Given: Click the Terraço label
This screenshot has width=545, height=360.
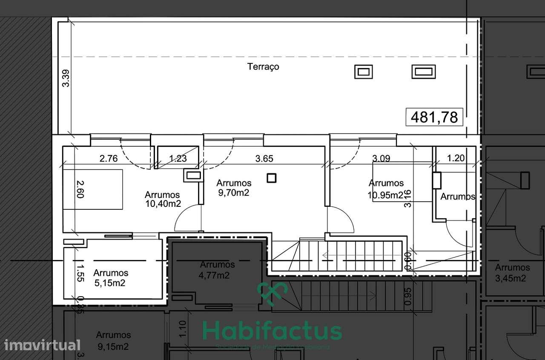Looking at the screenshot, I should tap(263, 67).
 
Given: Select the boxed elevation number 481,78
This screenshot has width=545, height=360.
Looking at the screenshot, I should tap(434, 117).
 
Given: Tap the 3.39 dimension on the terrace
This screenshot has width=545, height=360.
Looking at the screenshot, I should tap(66, 78).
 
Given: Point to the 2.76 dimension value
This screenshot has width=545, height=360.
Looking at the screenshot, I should tap(109, 159).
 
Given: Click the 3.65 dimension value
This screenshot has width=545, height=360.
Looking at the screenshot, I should tap(264, 159).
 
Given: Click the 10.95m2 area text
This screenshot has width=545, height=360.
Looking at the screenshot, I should tap(386, 195).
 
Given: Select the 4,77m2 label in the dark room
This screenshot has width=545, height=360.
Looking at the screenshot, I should tap(214, 275).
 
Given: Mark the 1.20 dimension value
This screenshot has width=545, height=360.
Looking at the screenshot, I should tap(456, 159).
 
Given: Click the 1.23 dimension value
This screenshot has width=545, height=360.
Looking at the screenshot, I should tap(178, 159).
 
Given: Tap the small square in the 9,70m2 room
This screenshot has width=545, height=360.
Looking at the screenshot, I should tap(271, 178).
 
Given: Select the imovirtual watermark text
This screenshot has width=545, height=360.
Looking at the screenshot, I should tap(40, 344).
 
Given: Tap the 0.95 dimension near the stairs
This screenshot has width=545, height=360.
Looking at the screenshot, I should tap(407, 297).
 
